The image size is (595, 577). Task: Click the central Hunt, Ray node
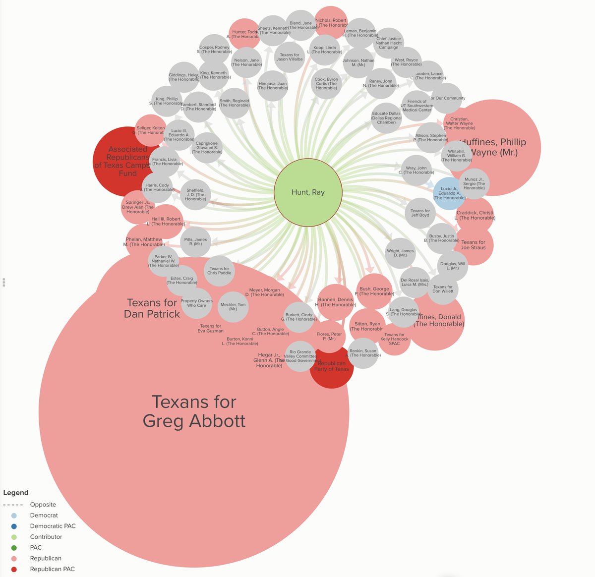pos(308,192)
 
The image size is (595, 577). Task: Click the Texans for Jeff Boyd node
pos(420,213)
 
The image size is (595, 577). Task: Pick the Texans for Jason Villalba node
pos(290,57)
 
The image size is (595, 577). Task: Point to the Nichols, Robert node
pos(331,20)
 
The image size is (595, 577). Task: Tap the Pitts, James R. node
pos(195,242)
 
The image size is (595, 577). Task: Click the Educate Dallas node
pos(387,118)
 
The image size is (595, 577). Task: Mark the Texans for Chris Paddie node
pos(219,271)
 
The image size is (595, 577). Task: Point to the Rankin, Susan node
pos(363,353)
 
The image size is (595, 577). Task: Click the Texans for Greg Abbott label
pos(194,411)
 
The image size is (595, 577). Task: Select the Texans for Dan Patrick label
pos(152,308)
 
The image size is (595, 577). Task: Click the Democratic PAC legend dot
pos(14,526)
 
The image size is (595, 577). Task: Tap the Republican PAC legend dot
pos(14,569)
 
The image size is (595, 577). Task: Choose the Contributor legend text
pos(46,537)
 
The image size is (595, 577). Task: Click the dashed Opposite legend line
pos(13,505)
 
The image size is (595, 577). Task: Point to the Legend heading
pos(16,493)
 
